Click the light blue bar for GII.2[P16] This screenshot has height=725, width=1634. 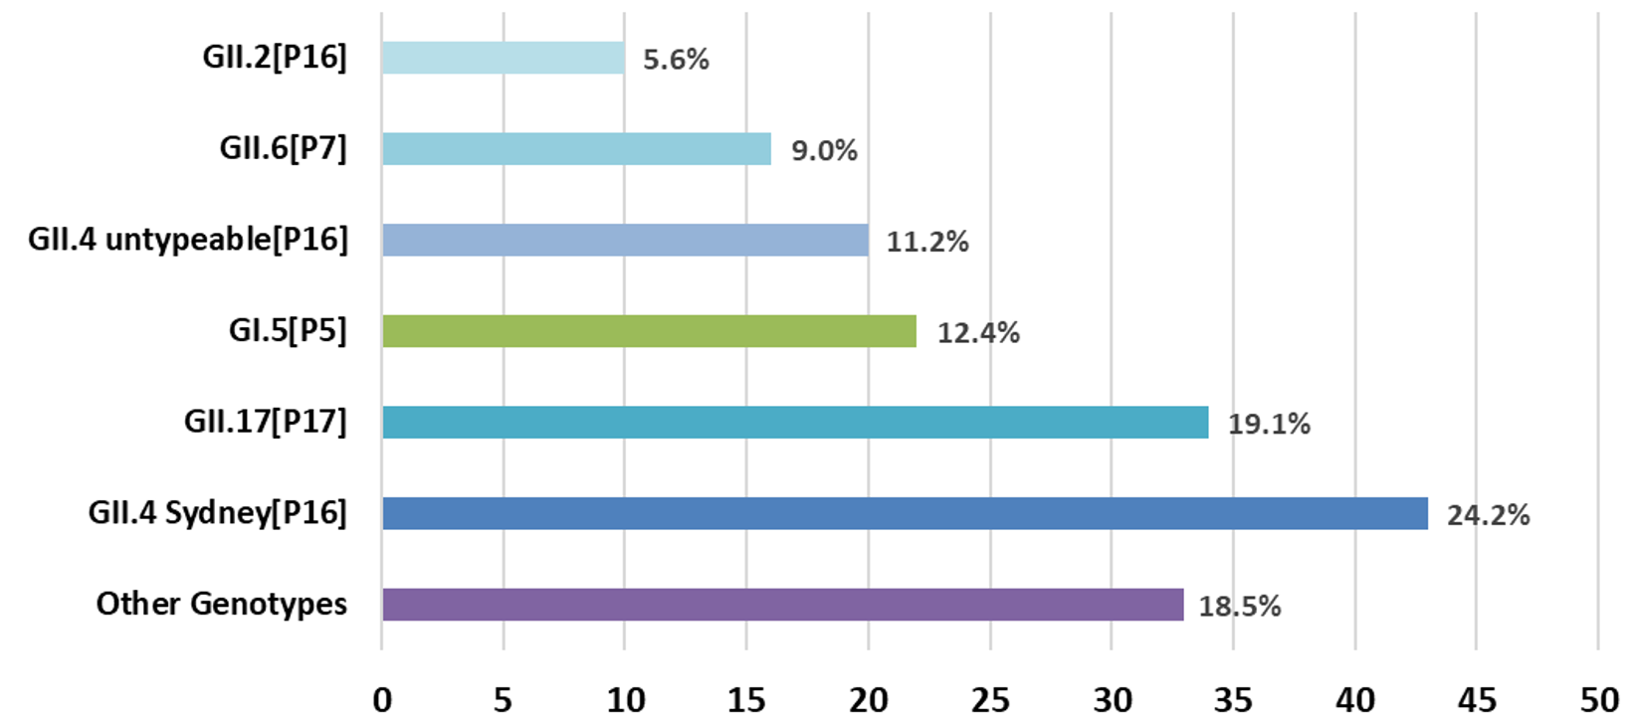click(504, 58)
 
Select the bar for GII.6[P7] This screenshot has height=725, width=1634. click(576, 149)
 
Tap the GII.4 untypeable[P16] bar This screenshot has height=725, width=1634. click(625, 240)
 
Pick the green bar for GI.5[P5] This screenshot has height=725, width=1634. click(649, 331)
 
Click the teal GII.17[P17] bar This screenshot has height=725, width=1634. click(795, 422)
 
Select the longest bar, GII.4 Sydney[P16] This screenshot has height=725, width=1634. click(905, 513)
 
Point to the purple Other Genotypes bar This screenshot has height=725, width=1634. click(783, 605)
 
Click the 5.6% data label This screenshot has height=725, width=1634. click(676, 60)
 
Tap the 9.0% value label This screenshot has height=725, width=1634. click(824, 151)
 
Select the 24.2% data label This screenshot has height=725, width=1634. click(1488, 515)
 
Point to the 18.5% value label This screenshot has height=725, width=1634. click(1239, 607)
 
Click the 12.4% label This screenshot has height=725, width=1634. click(978, 333)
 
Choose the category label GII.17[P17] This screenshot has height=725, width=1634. click(266, 422)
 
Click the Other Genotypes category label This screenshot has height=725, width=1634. click(222, 604)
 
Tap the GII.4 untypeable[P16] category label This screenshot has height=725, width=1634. click(188, 240)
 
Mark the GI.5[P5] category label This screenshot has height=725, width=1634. click(288, 330)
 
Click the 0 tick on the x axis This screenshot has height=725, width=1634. click(382, 700)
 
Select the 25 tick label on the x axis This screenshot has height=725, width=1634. click(990, 700)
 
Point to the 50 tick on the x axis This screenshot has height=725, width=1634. click(1598, 700)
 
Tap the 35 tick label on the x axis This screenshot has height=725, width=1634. click(1233, 700)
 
